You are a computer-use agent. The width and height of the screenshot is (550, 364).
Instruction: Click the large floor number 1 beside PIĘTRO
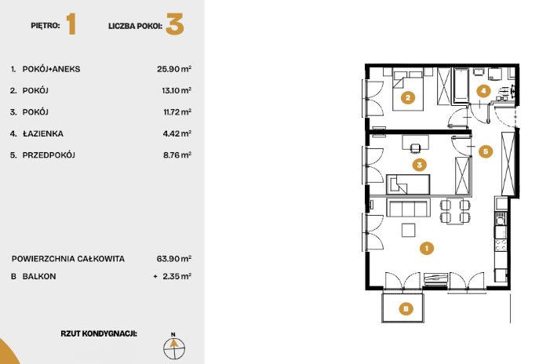[x=71, y=24]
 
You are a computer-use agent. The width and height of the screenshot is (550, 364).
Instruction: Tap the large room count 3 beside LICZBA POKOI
[x=175, y=24]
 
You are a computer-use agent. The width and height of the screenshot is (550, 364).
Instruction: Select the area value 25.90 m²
[x=174, y=69]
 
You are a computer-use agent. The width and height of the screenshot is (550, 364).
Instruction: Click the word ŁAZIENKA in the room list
[x=43, y=133]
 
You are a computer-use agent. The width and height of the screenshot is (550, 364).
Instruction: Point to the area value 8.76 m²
[x=177, y=155]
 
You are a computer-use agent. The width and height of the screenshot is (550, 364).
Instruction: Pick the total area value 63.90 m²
[x=174, y=259]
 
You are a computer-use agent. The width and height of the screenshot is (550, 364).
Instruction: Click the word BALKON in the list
[x=39, y=276]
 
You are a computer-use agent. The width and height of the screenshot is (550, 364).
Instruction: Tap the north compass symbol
[x=174, y=348]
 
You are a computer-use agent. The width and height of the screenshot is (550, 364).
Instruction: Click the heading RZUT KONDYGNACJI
[x=99, y=333]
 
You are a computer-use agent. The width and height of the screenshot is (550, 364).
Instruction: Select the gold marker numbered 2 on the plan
[x=407, y=98]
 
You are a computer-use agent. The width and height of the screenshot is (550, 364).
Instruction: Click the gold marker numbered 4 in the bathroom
[x=483, y=91]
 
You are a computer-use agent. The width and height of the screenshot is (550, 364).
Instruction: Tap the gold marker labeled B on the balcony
[x=406, y=309]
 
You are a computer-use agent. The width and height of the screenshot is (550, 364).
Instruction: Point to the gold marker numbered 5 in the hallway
[x=486, y=151]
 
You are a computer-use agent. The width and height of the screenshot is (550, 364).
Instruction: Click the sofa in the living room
[x=408, y=207]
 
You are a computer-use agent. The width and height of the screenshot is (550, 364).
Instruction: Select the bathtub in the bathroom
[x=461, y=86]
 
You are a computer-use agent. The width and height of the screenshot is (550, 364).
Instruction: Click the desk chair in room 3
[x=414, y=147]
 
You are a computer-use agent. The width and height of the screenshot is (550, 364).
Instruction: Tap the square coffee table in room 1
[x=409, y=230]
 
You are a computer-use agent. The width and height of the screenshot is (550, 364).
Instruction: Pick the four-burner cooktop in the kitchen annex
[x=501, y=245]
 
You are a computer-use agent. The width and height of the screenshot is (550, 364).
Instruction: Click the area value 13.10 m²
[x=177, y=90]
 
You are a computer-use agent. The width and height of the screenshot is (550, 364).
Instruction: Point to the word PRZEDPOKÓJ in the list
[x=49, y=155]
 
